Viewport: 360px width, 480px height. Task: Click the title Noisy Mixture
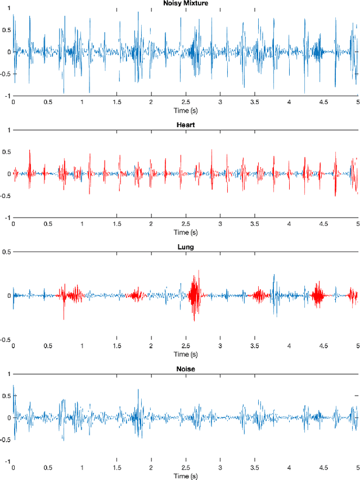pos(186,3)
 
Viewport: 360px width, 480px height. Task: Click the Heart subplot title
pos(186,125)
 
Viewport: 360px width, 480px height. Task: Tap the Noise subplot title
pos(186,369)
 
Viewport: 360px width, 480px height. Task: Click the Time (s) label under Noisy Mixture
pos(186,111)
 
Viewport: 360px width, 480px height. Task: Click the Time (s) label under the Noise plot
pos(186,476)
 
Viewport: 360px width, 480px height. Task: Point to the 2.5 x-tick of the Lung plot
pos(186,346)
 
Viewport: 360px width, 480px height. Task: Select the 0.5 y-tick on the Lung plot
pos(7,252)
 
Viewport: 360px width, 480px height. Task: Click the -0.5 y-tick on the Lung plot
pos(6,339)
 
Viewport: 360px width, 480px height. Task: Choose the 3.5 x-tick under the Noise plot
pos(255,468)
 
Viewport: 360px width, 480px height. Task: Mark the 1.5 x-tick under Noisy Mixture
pos(116,102)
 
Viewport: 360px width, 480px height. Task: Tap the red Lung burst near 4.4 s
pos(317,294)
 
